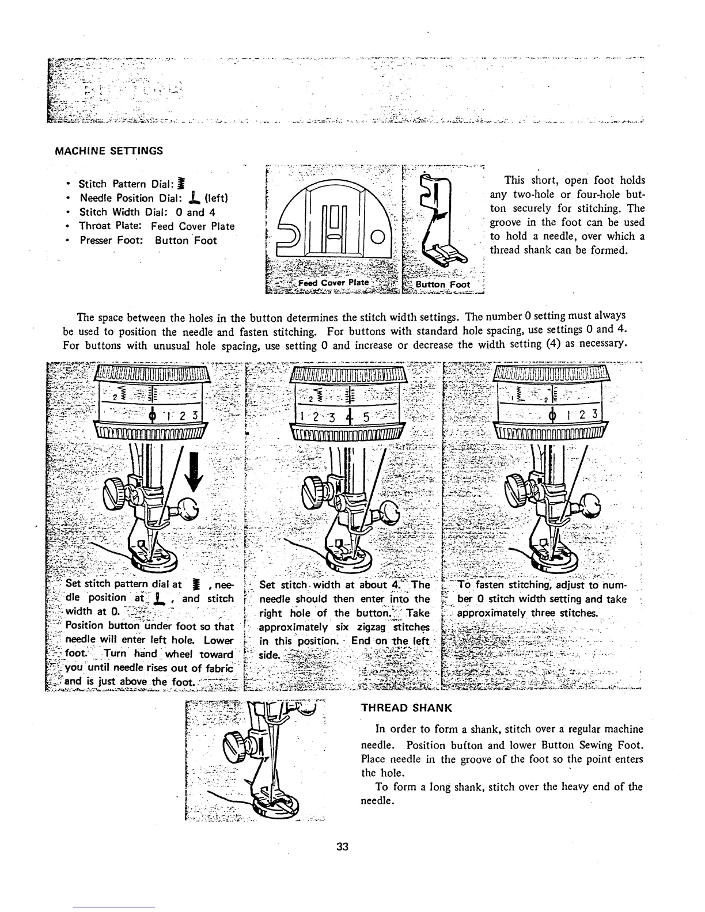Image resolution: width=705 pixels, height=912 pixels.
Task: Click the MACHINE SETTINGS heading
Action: pyautogui.click(x=109, y=151)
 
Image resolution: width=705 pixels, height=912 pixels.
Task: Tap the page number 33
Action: pyautogui.click(x=343, y=847)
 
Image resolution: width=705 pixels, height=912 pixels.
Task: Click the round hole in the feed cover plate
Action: pyautogui.click(x=377, y=237)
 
